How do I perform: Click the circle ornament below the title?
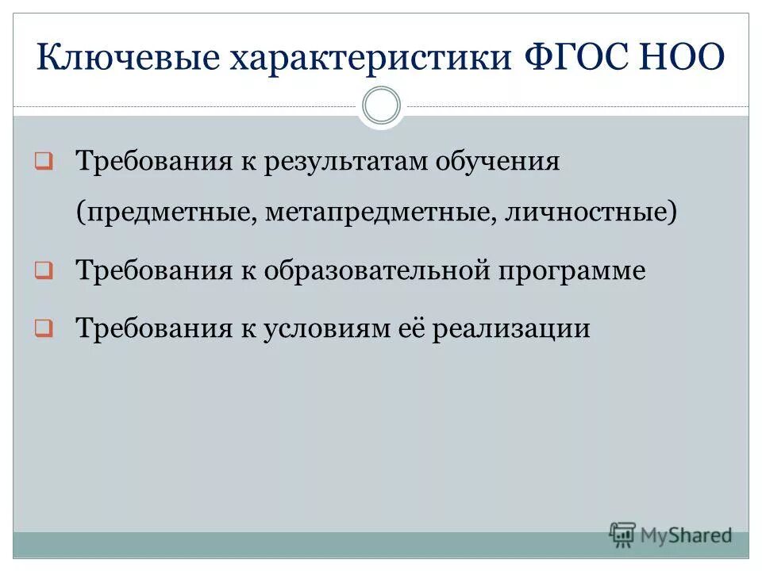381,106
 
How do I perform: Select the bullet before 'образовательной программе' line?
44,272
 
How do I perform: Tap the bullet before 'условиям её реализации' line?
44,328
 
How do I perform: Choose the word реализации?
512,328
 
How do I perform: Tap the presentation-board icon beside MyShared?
622,535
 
